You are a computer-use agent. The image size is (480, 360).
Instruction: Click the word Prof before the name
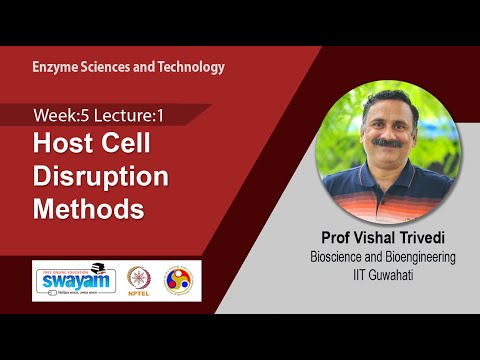pyautogui.click(x=330, y=239)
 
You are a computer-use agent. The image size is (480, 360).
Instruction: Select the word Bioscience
pyautogui.click(x=338, y=258)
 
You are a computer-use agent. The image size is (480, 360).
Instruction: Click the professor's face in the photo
pyautogui.click(x=380, y=140)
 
